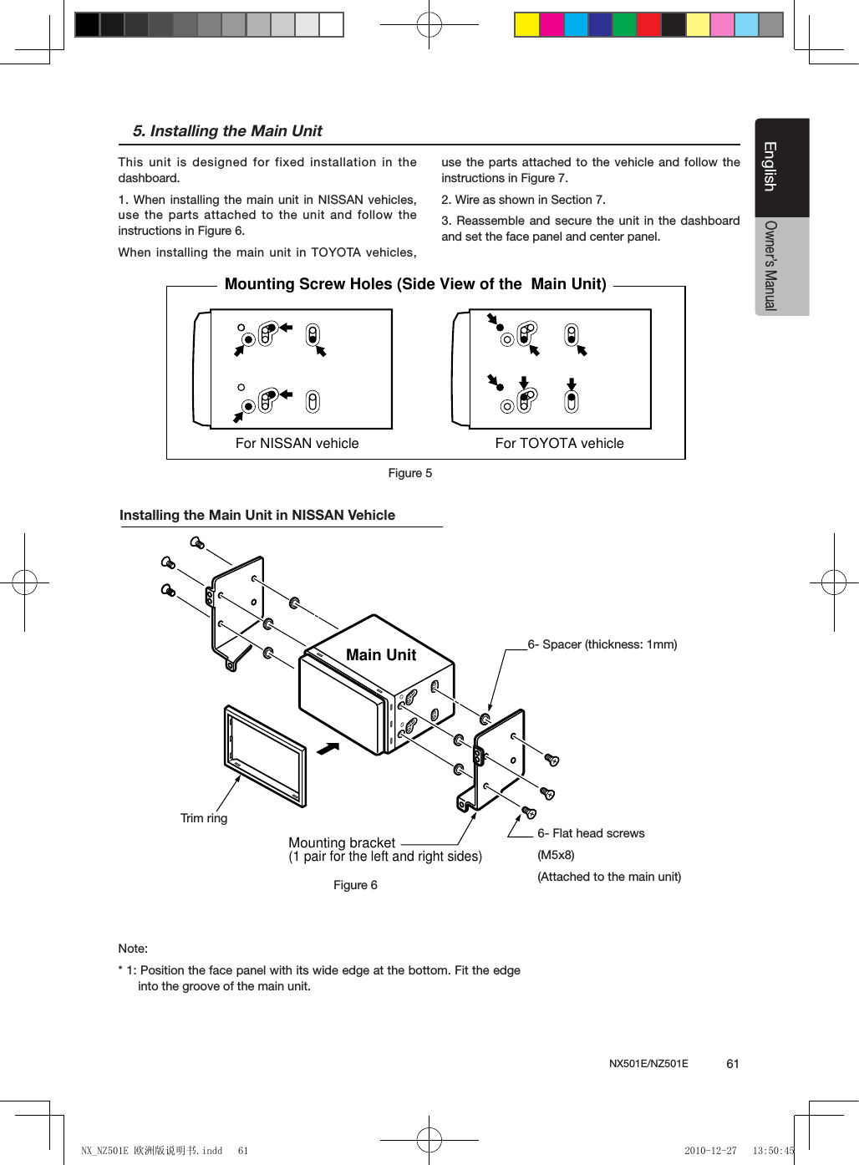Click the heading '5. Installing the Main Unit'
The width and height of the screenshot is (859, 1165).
point(227,131)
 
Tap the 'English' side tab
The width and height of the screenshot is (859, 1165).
point(770,166)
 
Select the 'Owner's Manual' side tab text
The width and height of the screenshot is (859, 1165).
point(770,266)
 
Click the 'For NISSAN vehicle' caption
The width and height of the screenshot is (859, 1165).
point(297,444)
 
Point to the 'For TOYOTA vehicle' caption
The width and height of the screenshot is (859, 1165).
point(559,444)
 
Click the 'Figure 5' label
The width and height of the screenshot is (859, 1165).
point(409,473)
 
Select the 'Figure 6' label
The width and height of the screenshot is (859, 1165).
point(355,885)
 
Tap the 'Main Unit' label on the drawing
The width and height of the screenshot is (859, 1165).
point(380,655)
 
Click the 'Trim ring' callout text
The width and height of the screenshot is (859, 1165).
point(204,818)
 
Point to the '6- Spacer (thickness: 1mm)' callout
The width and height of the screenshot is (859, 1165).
point(602,644)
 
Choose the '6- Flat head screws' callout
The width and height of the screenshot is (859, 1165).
point(591,833)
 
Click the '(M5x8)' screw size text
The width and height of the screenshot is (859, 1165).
point(556,855)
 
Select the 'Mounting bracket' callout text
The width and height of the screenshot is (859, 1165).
point(342,842)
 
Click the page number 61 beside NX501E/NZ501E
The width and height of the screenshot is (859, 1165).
point(733,1064)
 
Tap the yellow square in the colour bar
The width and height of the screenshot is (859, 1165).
point(526,25)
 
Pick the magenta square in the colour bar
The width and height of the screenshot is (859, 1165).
point(551,25)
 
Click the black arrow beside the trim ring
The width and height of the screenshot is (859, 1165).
point(328,748)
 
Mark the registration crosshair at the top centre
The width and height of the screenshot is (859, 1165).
point(429,25)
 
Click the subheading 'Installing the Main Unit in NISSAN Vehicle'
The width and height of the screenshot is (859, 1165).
point(257,516)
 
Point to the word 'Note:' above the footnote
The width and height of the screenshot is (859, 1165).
point(133,949)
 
